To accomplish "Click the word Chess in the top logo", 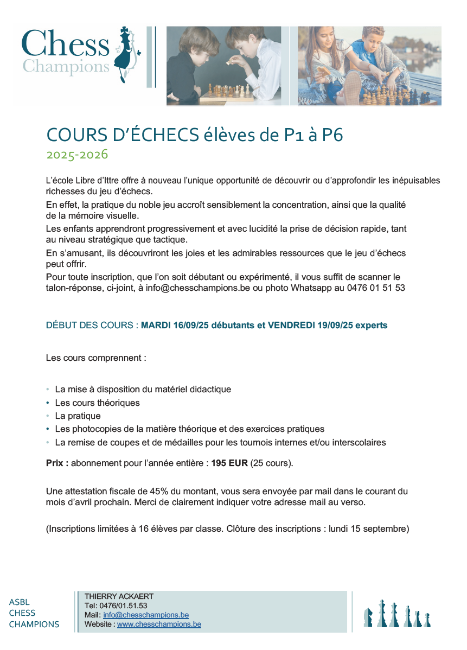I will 65,45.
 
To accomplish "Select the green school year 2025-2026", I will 77,155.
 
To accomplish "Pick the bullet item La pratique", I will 78,416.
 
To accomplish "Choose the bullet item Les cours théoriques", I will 97,403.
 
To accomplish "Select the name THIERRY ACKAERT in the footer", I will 119,596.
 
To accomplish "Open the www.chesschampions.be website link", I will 159,624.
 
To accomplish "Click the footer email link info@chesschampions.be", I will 146,615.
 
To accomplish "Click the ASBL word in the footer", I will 20,602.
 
